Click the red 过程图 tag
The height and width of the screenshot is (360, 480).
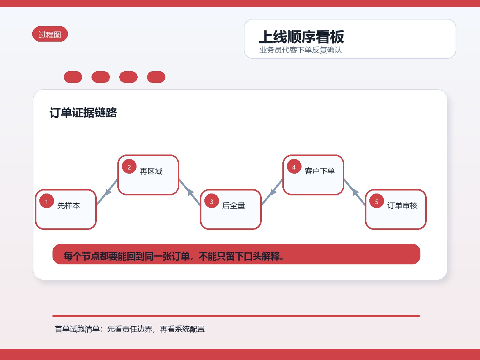click(50, 34)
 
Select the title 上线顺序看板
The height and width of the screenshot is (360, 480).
click(301, 37)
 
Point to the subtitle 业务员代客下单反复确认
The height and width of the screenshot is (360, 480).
click(300, 50)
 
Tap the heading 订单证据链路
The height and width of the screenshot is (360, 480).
click(83, 113)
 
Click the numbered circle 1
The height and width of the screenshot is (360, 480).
click(46, 201)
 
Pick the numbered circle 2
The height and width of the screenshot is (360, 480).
click(129, 166)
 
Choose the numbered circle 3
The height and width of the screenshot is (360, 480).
click(211, 201)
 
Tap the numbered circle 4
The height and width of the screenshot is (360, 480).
click(294, 166)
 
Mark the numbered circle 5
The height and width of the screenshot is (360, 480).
click(376, 201)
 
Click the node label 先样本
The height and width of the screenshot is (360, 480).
click(69, 205)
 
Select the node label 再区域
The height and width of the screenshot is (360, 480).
click(151, 171)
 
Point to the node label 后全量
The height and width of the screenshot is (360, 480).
click(233, 205)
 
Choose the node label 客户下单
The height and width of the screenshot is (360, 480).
click(319, 171)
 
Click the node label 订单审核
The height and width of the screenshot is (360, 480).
click(402, 205)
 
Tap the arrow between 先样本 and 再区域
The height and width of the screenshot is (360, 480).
click(107, 192)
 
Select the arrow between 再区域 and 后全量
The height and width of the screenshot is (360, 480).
click(190, 192)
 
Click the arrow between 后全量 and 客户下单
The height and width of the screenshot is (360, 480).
click(272, 192)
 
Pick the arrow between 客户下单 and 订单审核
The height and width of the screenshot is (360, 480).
click(355, 192)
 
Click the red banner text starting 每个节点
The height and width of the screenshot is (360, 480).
click(174, 256)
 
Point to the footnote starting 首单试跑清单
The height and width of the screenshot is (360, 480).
click(130, 329)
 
